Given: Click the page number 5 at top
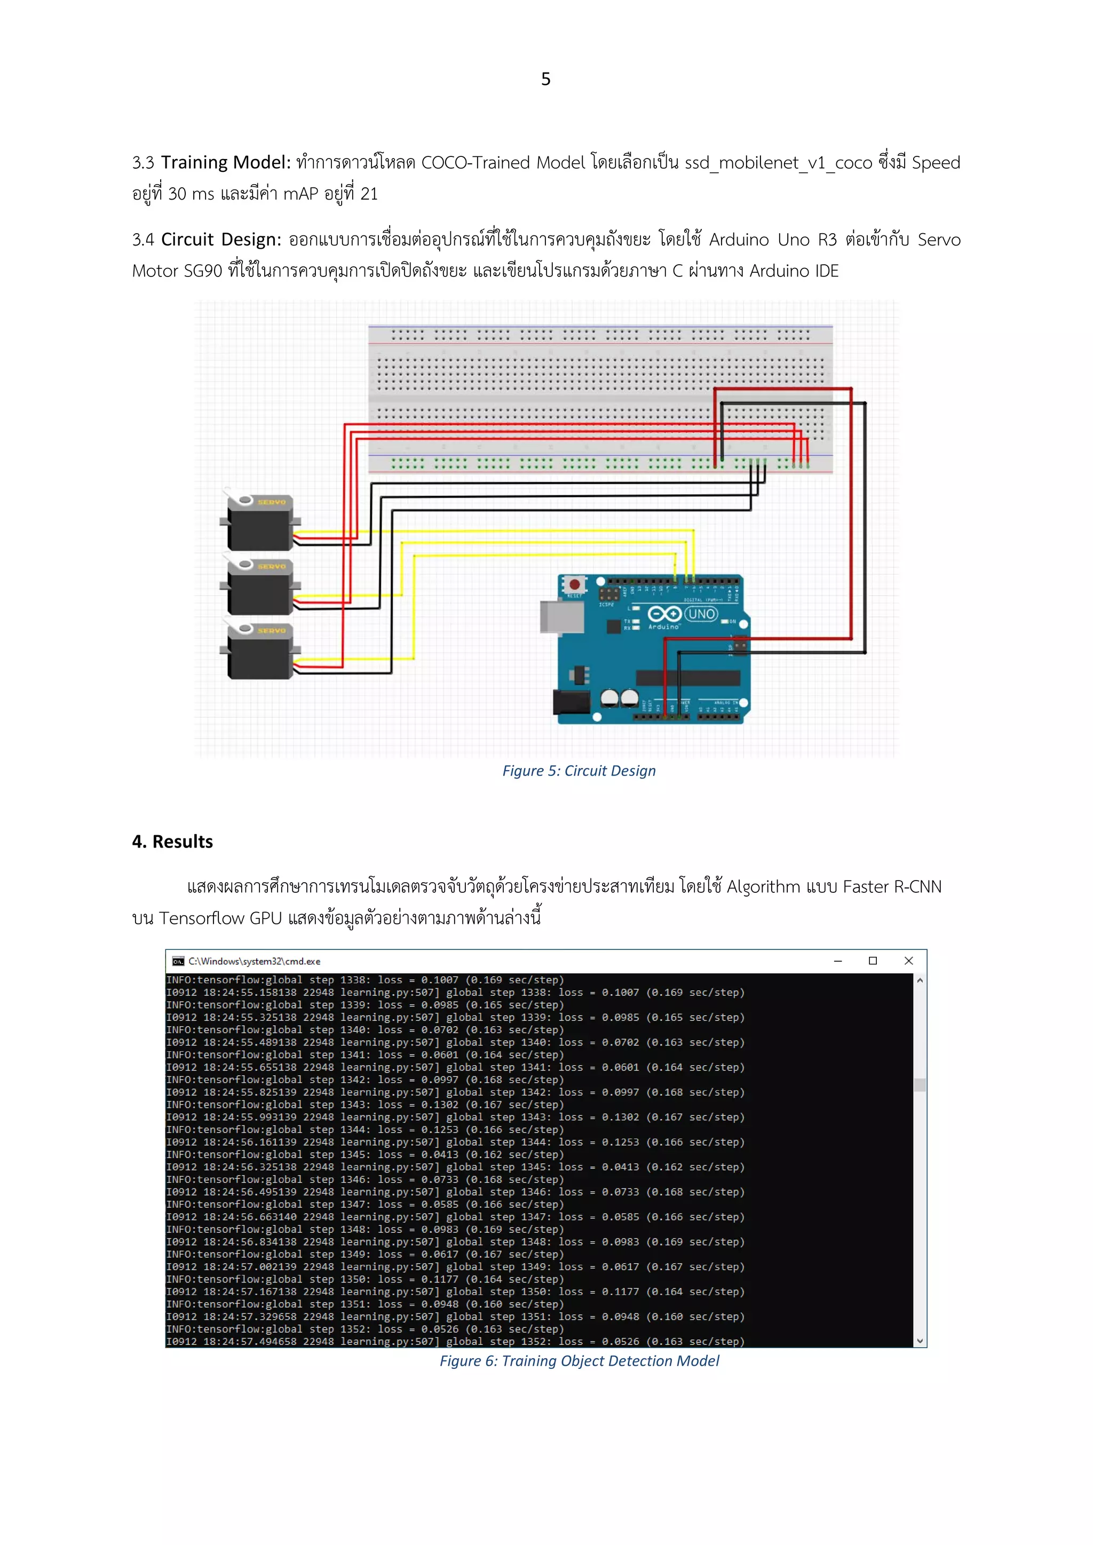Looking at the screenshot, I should pyautogui.click(x=546, y=80).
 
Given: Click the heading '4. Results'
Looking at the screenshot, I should pyautogui.click(x=172, y=842).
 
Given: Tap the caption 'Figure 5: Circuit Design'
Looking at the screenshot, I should pyautogui.click(x=579, y=771).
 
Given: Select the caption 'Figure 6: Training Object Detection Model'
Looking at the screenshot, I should pyautogui.click(x=579, y=1361).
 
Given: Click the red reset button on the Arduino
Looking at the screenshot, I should pyautogui.click(x=575, y=584).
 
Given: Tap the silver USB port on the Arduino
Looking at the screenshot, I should pyautogui.click(x=562, y=616).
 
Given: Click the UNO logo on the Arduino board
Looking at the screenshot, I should pyautogui.click(x=701, y=614).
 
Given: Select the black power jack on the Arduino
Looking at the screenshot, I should pyautogui.click(x=571, y=702).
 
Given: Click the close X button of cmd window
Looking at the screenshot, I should pyautogui.click(x=908, y=961).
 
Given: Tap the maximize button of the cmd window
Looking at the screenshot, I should pyautogui.click(x=873, y=961).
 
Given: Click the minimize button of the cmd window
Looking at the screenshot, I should pyautogui.click(x=838, y=961).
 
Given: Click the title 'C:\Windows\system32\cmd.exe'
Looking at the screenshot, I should pyautogui.click(x=255, y=962).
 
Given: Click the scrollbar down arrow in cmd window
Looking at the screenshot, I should pyautogui.click(x=920, y=1341).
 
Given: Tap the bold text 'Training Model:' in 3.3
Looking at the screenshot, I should pyautogui.click(x=225, y=163).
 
